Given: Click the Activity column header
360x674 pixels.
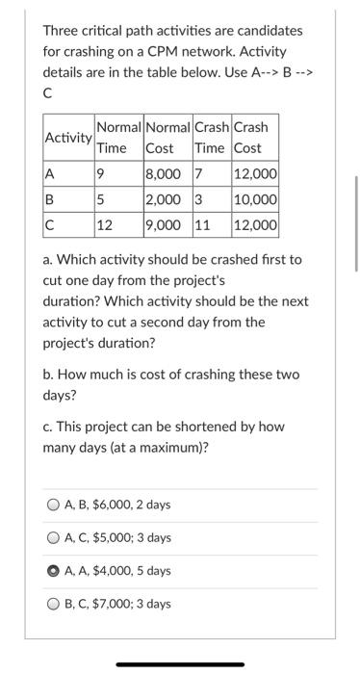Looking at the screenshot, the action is (x=67, y=138).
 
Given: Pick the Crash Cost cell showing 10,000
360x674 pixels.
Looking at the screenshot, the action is (x=255, y=201).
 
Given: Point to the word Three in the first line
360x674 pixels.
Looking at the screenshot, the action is (x=61, y=31).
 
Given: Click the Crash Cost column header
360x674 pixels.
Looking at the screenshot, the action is (x=251, y=138).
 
